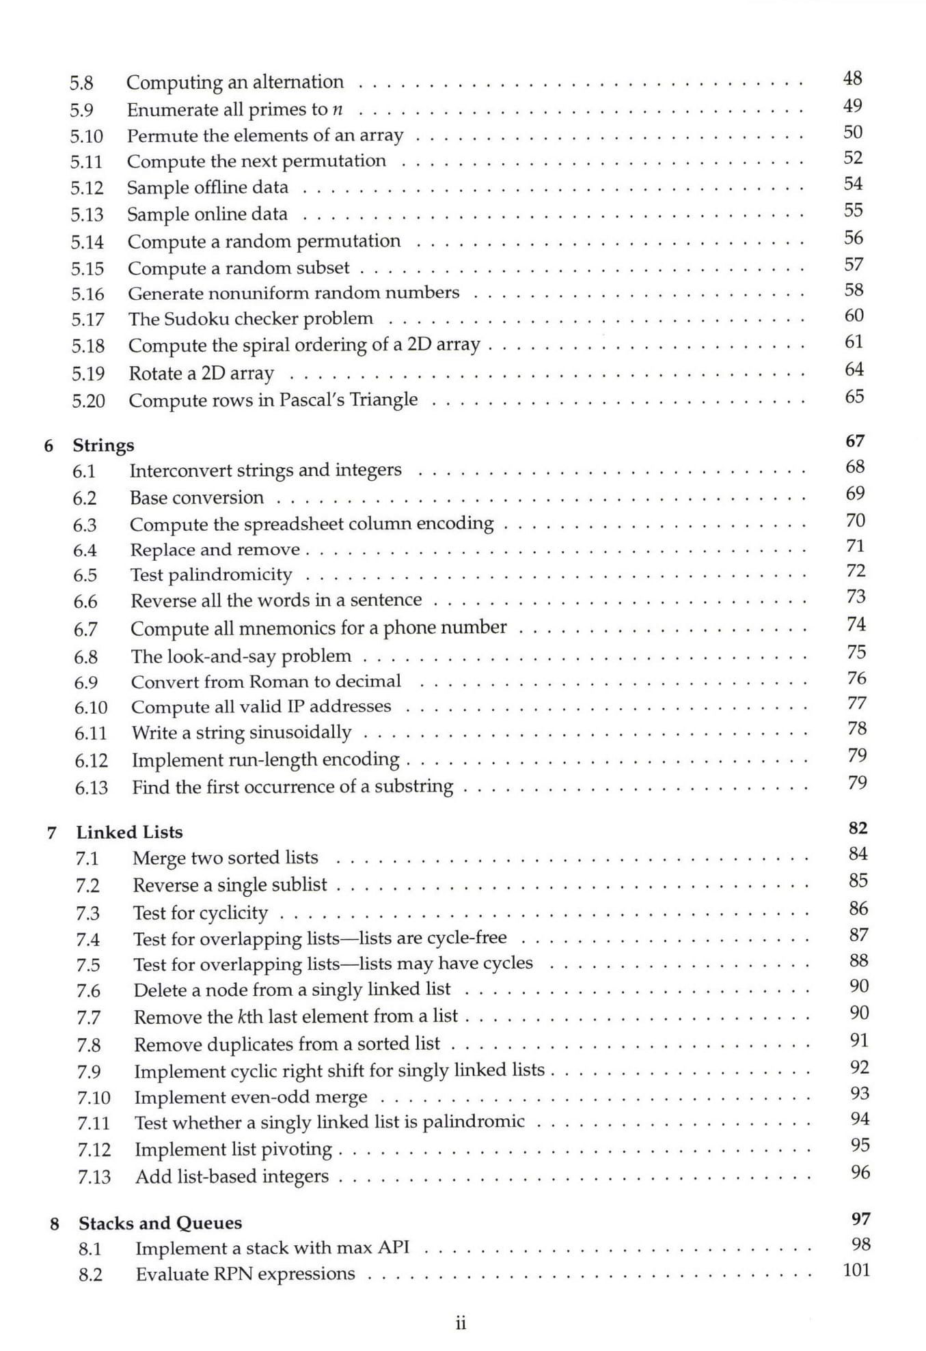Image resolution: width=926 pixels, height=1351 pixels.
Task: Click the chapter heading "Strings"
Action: [x=103, y=445]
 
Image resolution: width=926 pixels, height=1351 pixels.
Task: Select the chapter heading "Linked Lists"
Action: [x=129, y=832]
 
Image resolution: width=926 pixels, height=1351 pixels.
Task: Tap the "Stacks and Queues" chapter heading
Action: [x=160, y=1223]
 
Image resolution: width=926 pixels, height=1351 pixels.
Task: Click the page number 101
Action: [x=856, y=1270]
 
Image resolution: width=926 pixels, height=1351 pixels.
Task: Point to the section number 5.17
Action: [x=87, y=320]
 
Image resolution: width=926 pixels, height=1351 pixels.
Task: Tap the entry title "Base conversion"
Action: [x=197, y=498]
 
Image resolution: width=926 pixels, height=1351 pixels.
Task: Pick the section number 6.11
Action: [x=91, y=734]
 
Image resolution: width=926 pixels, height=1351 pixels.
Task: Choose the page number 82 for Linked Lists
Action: [x=858, y=828]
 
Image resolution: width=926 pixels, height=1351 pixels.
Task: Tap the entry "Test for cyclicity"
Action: [x=200, y=913]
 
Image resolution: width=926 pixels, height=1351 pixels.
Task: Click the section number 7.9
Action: [x=88, y=1072]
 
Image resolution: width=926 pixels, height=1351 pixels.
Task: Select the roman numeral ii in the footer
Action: [x=461, y=1324]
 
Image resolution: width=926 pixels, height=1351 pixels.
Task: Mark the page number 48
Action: [x=852, y=79]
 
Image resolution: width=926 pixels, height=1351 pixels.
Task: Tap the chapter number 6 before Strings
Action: [x=49, y=446]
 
